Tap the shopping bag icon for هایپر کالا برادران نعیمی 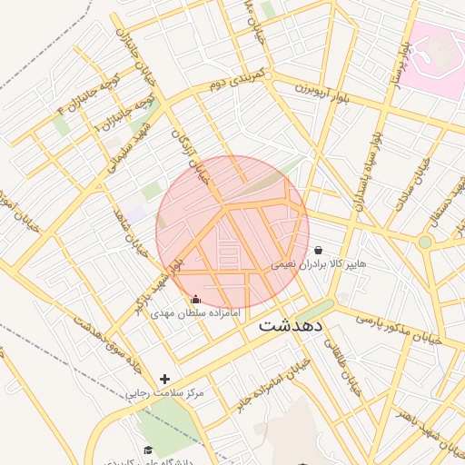318,250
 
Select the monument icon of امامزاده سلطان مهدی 195,299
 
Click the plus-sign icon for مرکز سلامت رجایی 164,379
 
